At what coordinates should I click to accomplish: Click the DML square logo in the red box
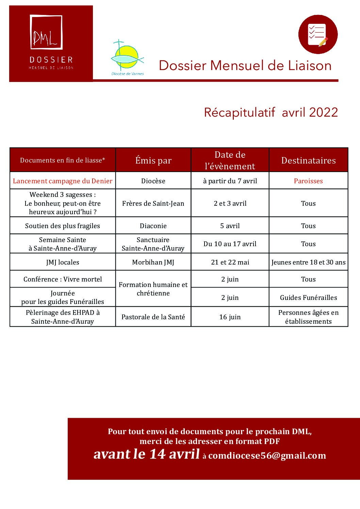[x=46, y=32]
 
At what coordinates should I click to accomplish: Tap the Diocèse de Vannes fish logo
[x=127, y=57]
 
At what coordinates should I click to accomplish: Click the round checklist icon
[x=317, y=34]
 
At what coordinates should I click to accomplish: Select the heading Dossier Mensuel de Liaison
[x=245, y=66]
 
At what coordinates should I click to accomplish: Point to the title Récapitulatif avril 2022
[x=271, y=112]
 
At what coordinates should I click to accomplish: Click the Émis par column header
[x=153, y=160]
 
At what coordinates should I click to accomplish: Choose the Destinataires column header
[x=308, y=160]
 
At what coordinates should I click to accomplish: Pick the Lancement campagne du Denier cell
[x=63, y=181]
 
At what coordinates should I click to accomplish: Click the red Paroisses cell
[x=308, y=181]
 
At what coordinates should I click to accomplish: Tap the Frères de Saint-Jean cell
[x=153, y=203]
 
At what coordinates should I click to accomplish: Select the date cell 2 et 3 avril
[x=230, y=203]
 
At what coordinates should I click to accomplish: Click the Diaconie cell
[x=153, y=226]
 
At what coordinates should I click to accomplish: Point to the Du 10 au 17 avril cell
[x=230, y=244]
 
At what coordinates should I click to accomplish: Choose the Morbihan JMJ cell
[x=153, y=262]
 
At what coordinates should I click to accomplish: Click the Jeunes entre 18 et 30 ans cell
[x=308, y=262]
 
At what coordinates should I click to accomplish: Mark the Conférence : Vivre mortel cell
[x=63, y=279]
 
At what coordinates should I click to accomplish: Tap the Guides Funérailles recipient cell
[x=308, y=298]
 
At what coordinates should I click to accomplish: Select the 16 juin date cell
[x=230, y=317]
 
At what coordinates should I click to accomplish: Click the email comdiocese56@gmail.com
[x=267, y=456]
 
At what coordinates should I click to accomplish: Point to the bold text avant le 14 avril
[x=147, y=454]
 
